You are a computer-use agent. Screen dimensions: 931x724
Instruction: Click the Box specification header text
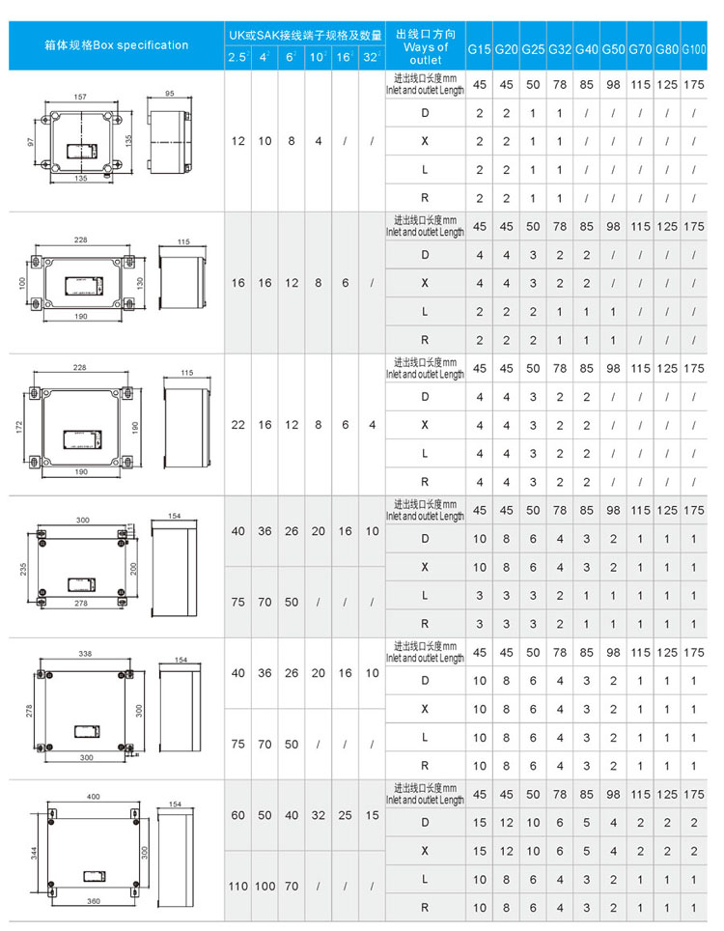coord(117,44)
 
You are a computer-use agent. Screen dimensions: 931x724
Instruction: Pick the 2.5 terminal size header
coord(237,59)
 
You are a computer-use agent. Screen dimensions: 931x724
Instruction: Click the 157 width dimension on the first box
coord(80,97)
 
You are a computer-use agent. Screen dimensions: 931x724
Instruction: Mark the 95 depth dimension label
coord(170,94)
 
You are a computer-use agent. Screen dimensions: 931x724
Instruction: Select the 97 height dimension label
coord(30,142)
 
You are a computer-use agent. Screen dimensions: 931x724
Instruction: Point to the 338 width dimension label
coord(85,654)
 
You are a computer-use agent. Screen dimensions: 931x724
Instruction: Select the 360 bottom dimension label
coord(93,901)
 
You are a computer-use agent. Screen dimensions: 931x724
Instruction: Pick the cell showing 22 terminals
coord(238,424)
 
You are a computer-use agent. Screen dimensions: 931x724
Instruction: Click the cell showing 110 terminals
coord(238,886)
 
